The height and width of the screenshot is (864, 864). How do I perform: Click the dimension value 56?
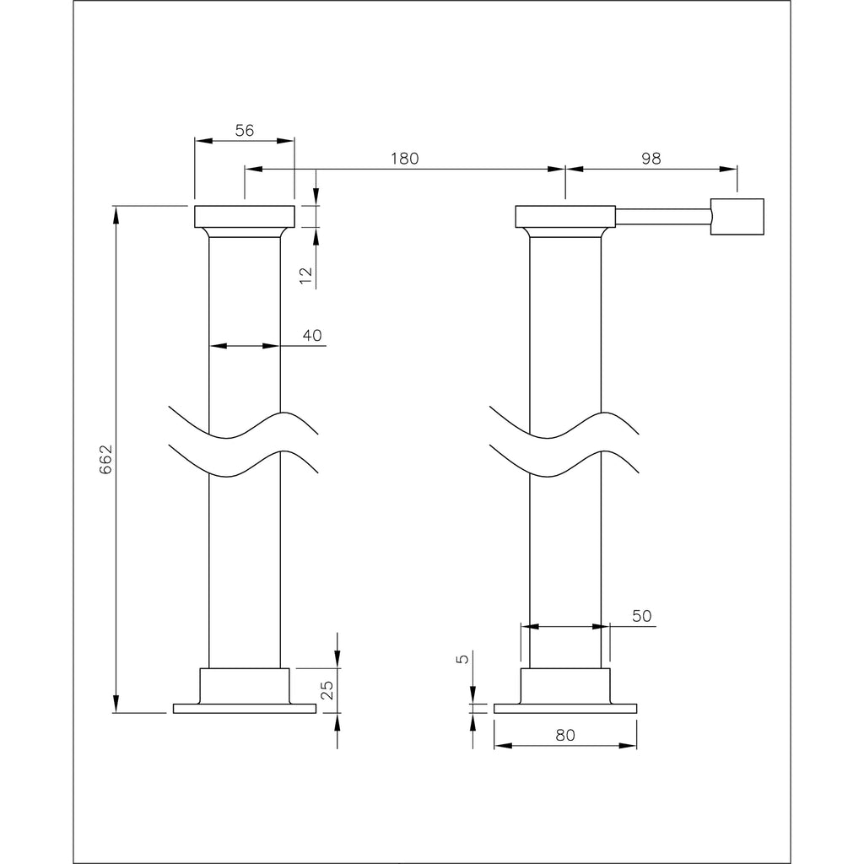(245, 130)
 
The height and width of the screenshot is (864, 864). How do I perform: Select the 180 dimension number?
(404, 158)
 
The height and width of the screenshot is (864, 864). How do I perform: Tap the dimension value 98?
(651, 158)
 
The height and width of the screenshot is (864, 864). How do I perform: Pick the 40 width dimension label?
(311, 335)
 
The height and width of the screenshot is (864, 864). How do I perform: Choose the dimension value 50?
(642, 617)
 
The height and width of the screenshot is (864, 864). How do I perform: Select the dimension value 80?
(565, 735)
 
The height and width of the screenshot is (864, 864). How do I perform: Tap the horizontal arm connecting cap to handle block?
(661, 216)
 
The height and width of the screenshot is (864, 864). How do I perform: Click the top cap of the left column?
(245, 216)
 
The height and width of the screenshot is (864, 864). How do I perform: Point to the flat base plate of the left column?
(245, 708)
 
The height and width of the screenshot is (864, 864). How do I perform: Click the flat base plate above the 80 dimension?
(565, 708)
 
